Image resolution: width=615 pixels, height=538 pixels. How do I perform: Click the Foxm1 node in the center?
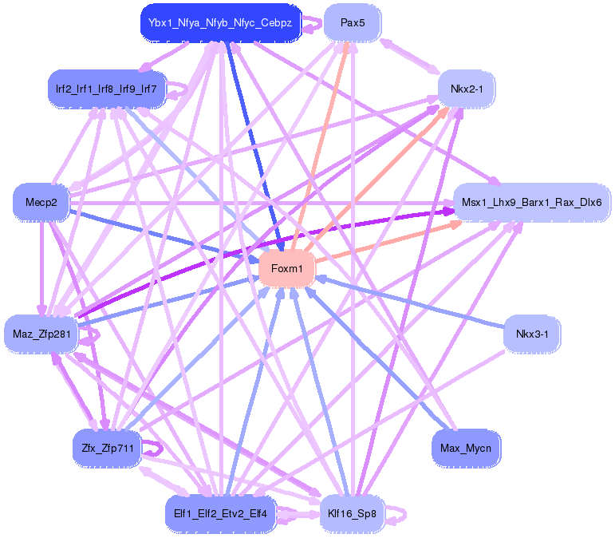(x=287, y=269)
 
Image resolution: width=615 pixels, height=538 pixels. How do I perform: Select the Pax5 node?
(x=352, y=22)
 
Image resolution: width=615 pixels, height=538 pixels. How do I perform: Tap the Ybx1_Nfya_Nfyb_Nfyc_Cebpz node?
(x=219, y=22)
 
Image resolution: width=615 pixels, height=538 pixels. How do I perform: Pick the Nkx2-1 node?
(x=467, y=89)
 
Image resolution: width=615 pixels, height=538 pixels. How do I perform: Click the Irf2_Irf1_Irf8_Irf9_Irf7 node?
(x=106, y=89)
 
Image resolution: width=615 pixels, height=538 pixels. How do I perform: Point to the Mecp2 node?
(x=41, y=203)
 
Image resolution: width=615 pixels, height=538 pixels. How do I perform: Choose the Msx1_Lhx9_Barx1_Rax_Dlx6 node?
(x=530, y=203)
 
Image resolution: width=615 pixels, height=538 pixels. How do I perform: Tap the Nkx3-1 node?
(x=532, y=334)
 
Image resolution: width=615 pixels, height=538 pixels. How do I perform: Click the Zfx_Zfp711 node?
(x=106, y=448)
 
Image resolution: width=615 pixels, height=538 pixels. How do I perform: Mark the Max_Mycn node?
(x=466, y=448)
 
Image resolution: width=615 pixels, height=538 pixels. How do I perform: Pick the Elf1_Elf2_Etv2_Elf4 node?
(x=220, y=512)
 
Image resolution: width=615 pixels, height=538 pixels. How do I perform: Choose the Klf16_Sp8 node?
(x=352, y=512)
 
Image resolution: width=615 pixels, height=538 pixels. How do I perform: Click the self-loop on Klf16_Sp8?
(x=396, y=514)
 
